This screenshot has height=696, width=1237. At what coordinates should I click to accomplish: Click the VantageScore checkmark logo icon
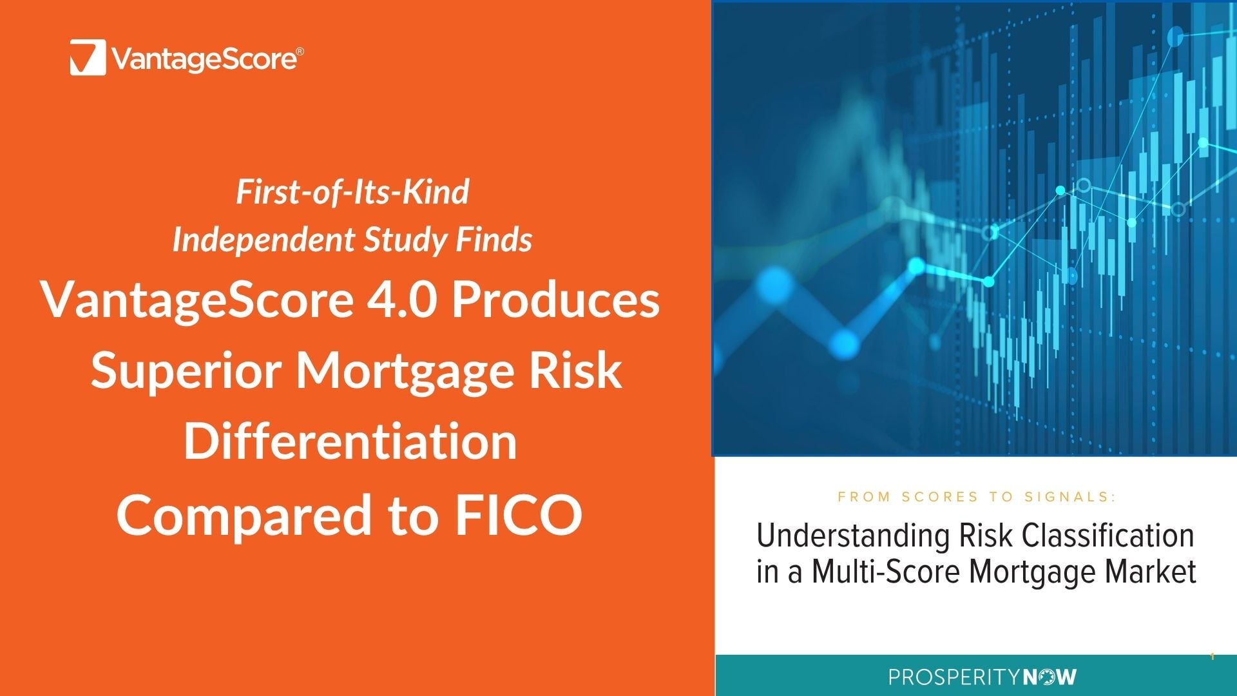pyautogui.click(x=88, y=57)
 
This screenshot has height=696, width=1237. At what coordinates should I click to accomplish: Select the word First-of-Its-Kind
pyautogui.click(x=352, y=192)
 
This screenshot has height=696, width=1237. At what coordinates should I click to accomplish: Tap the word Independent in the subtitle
pyautogui.click(x=264, y=240)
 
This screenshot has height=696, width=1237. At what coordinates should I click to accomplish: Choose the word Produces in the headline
pyautogui.click(x=555, y=300)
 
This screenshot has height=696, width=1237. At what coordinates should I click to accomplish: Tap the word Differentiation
pyautogui.click(x=350, y=441)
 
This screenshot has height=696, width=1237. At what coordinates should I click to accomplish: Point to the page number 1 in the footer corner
pyautogui.click(x=1212, y=657)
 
